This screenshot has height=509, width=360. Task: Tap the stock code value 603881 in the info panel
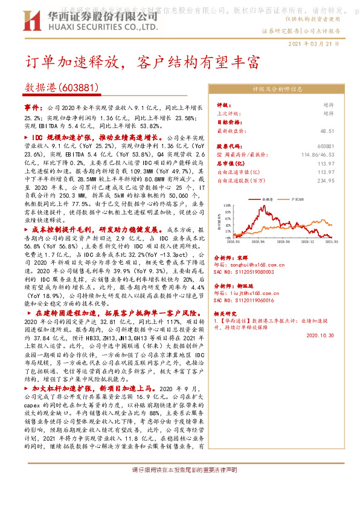325,146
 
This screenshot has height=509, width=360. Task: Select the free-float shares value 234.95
325,180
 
